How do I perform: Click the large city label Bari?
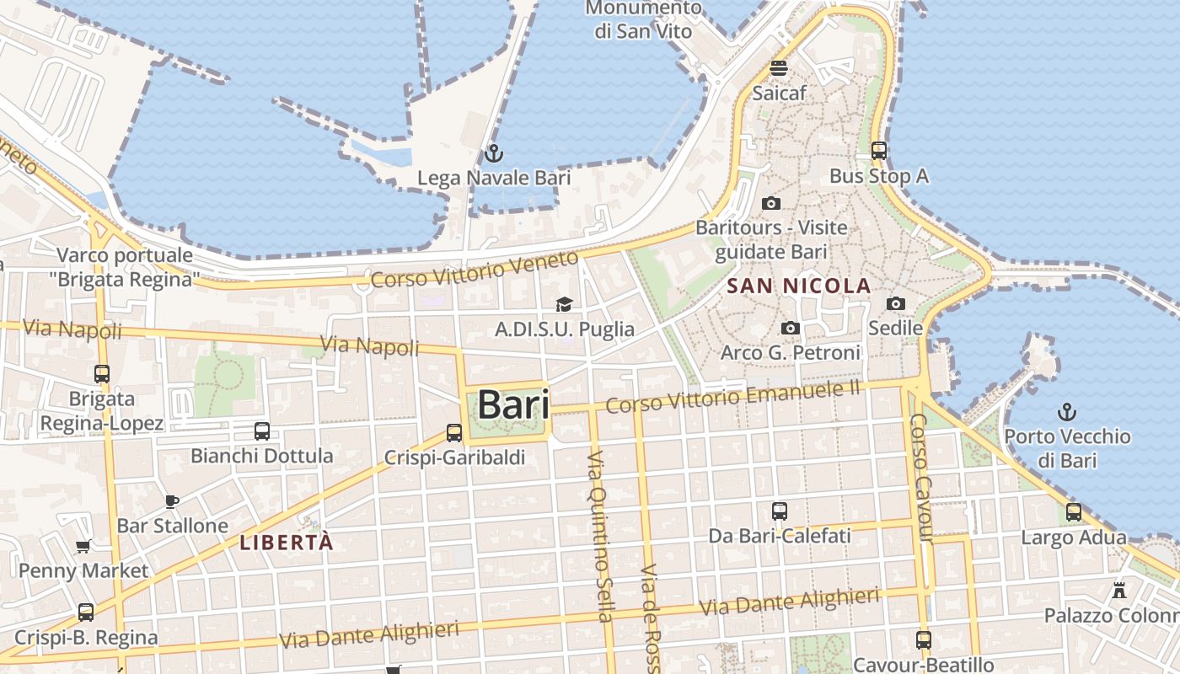tap(513, 405)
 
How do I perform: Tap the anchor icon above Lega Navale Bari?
tap(494, 153)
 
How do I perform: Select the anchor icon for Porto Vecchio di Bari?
tap(1067, 412)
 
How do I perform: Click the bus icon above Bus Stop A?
tap(879, 151)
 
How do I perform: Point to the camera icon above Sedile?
tap(895, 303)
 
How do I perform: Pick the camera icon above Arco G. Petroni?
tap(790, 328)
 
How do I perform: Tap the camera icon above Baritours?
tap(770, 203)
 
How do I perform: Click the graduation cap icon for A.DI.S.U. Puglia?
tap(564, 304)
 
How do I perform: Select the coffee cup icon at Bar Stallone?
tap(172, 501)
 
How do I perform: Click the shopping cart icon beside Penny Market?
tap(83, 546)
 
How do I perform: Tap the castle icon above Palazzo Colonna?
tap(1119, 590)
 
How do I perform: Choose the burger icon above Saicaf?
tap(779, 68)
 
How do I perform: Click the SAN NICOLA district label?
tap(798, 286)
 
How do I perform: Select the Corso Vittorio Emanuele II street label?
tap(733, 395)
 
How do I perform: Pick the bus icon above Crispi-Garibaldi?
tap(454, 433)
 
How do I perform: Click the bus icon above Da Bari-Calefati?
tap(780, 511)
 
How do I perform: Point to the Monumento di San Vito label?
tap(643, 19)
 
